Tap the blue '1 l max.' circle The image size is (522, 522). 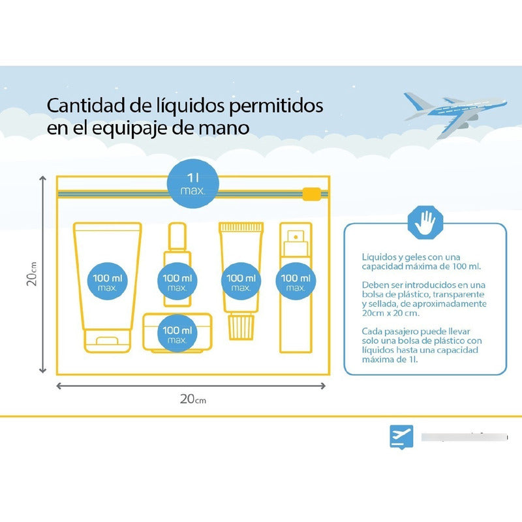192,183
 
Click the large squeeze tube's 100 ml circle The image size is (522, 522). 108,282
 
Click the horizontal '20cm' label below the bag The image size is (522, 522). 192,399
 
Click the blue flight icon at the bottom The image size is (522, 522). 401,436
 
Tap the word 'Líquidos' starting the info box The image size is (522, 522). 377,257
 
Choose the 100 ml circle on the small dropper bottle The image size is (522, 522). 177,282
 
